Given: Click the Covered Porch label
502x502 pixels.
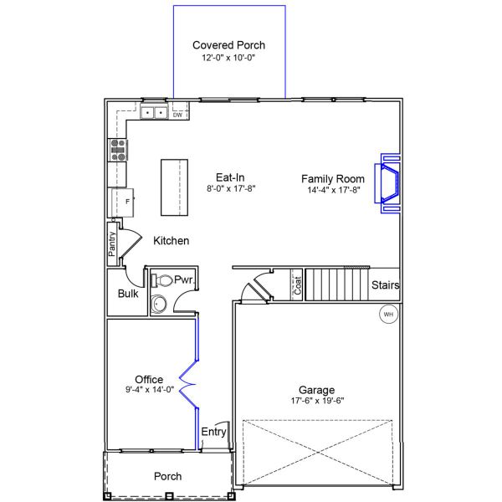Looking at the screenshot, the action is [x=228, y=45].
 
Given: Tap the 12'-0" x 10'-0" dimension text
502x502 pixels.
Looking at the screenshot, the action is [x=228, y=58].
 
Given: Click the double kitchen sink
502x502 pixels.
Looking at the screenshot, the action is [x=154, y=112].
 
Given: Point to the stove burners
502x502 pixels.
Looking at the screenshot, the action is [x=118, y=150].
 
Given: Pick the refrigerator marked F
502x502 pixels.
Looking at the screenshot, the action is [x=123, y=202].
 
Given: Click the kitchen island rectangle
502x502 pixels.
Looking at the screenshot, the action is [x=174, y=187].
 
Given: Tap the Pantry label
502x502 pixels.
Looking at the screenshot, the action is [x=112, y=244].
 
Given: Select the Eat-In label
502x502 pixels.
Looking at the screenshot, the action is [x=230, y=177].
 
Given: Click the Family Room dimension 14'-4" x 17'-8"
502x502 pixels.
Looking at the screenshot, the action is [x=334, y=190].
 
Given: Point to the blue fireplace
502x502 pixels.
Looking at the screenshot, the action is [x=387, y=183].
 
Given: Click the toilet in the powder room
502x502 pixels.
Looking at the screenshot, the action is [x=161, y=280].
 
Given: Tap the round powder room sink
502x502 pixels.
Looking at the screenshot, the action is [x=159, y=304].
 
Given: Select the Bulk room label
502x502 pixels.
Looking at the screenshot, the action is [x=128, y=294].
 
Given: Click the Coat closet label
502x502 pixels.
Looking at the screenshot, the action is [x=298, y=285].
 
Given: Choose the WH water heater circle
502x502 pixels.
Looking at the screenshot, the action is [x=388, y=314].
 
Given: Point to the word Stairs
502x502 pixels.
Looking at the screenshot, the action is [x=385, y=284].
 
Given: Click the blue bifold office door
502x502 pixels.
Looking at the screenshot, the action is [x=189, y=383].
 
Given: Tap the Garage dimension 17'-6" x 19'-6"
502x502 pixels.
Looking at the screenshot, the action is [x=317, y=401].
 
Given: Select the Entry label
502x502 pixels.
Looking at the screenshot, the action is [x=213, y=432].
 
